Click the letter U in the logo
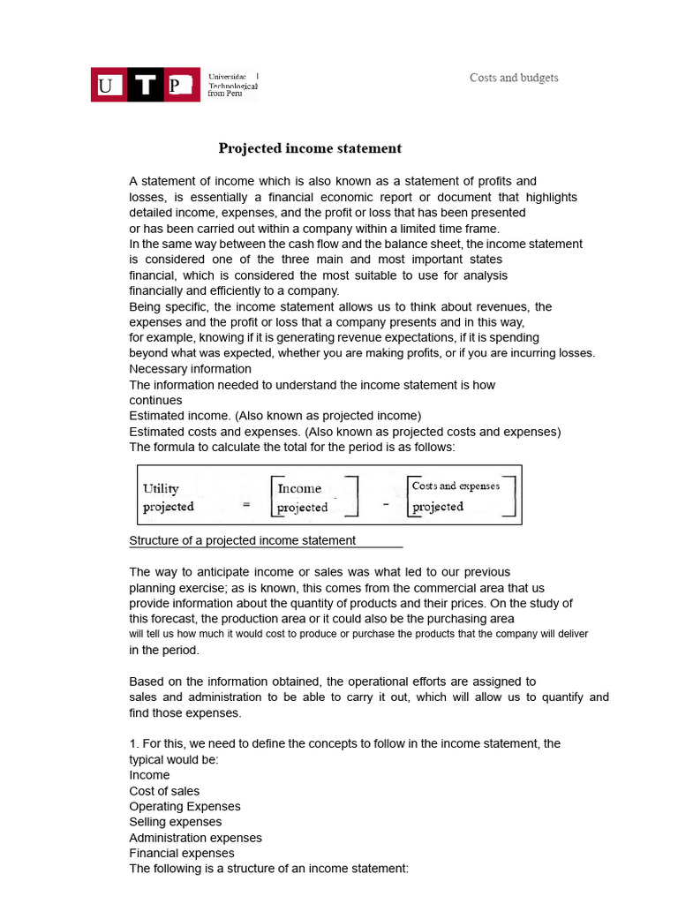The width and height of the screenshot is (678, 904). (x=107, y=85)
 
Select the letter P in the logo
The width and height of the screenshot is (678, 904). (x=179, y=85)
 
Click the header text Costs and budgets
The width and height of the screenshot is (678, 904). (x=514, y=78)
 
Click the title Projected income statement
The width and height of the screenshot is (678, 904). (x=310, y=148)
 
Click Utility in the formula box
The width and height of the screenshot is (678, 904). (x=161, y=488)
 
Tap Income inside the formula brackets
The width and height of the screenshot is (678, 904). (x=299, y=488)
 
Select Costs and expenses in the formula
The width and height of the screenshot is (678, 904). (x=456, y=486)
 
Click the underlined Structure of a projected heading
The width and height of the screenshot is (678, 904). (x=243, y=540)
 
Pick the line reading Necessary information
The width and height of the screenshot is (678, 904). (x=190, y=369)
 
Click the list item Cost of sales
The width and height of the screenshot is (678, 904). (x=164, y=791)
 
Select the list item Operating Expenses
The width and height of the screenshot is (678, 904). (x=185, y=806)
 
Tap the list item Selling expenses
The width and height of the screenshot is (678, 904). (x=176, y=822)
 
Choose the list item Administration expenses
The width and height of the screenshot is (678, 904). (x=195, y=838)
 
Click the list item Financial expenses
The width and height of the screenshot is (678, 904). (x=182, y=853)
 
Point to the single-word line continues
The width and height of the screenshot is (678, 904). (x=155, y=400)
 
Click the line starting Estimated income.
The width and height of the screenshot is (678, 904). (x=275, y=416)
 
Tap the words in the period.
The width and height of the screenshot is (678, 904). (x=164, y=650)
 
